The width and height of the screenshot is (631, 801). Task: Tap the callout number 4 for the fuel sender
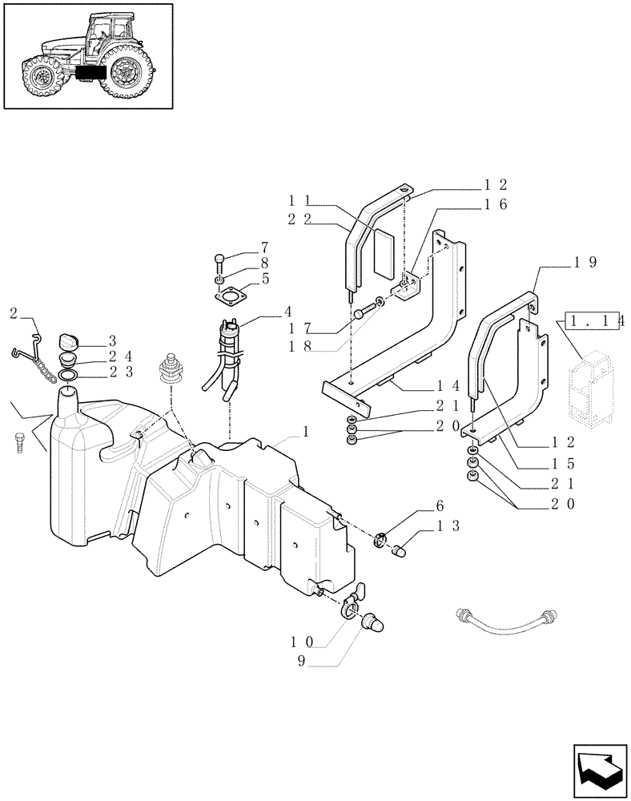(x=265, y=311)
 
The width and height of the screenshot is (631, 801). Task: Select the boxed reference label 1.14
(x=597, y=321)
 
